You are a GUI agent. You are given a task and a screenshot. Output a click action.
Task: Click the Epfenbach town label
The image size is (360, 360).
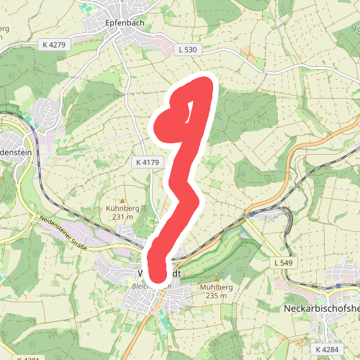[126, 22]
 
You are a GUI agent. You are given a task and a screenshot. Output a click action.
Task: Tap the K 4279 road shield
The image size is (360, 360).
[54, 45]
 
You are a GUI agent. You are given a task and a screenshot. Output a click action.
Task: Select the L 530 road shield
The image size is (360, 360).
[185, 50]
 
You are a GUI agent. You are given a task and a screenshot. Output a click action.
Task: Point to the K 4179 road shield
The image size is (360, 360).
[147, 163]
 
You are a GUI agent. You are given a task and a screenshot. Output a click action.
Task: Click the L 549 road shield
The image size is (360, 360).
[284, 264]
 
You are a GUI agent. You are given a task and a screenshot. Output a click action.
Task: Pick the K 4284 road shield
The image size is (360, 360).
[327, 349]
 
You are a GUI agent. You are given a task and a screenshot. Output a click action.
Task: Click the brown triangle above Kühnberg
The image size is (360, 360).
[122, 201]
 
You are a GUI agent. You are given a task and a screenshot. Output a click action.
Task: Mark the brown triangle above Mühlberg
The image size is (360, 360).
[215, 279]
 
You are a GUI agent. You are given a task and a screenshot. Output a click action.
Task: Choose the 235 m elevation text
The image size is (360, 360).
[216, 294]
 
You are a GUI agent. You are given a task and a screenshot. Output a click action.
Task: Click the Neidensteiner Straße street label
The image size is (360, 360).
[63, 233]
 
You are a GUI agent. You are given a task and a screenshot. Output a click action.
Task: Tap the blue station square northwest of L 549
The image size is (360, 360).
[252, 213]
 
